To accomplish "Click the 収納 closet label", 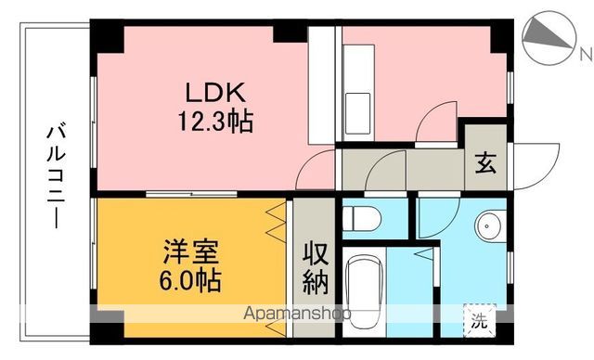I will pos(315,266).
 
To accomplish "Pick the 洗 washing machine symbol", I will pos(477,323).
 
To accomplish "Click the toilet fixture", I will pos(362,219).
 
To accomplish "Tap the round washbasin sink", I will pos(488,223).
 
